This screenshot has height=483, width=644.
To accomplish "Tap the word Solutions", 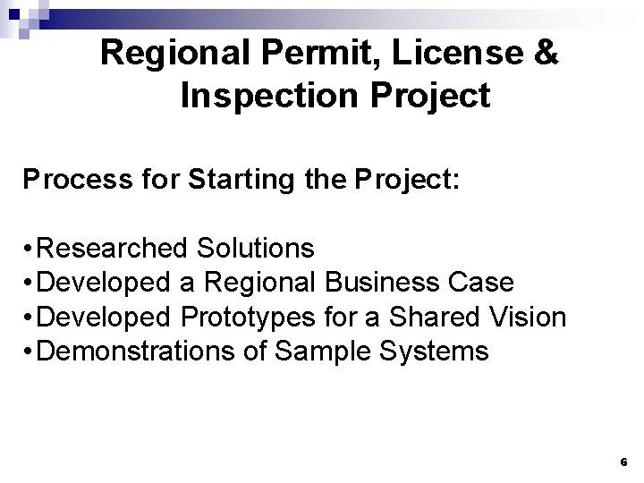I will coord(257,247).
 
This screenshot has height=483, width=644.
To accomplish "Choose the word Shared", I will coord(437,317).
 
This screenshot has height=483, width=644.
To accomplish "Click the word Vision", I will coord(533,317).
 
